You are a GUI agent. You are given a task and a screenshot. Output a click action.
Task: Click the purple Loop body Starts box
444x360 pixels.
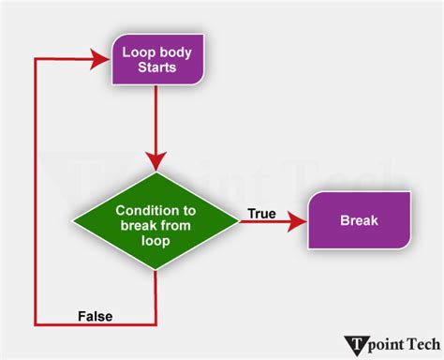155,58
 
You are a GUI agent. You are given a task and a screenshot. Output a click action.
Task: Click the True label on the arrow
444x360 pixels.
262,214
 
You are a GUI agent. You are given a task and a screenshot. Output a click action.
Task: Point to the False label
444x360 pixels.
95,316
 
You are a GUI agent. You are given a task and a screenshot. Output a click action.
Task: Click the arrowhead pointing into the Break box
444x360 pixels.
297,221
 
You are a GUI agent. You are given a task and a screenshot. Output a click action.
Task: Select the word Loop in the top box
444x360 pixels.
134,51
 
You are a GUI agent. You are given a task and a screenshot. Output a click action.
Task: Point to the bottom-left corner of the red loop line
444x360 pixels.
35,325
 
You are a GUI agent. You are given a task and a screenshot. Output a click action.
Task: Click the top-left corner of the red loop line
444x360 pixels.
35,59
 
